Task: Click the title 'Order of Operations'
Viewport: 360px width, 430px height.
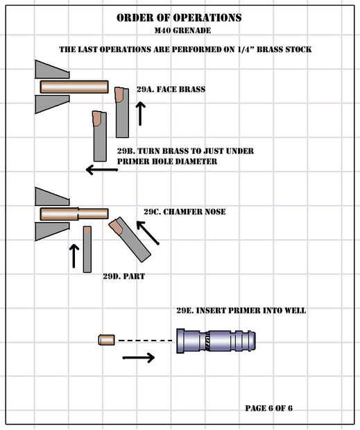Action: [179, 17]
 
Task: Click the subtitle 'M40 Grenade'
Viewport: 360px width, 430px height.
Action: [182, 31]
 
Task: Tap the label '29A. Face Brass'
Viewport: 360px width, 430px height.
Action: [171, 89]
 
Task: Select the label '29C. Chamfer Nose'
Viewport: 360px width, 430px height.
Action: [185, 212]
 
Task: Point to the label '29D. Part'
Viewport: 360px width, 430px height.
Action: [124, 276]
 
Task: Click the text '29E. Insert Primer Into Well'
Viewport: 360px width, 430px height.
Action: [241, 311]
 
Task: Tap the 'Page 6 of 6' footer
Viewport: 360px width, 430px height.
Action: [268, 408]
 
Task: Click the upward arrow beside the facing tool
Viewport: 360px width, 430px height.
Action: [140, 114]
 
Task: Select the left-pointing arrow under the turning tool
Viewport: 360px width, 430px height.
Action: [102, 170]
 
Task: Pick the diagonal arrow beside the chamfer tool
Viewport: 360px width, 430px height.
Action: [148, 233]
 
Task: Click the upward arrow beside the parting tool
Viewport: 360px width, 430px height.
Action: [74, 256]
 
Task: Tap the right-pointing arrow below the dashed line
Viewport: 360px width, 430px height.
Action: [139, 358]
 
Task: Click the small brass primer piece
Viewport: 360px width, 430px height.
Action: [107, 340]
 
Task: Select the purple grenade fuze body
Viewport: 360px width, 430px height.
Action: [216, 341]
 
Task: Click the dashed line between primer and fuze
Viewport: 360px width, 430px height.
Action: [145, 341]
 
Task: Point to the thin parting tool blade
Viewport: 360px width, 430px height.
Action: [87, 249]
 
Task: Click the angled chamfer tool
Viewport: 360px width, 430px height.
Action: [130, 239]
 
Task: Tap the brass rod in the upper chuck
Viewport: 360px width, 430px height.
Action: [74, 87]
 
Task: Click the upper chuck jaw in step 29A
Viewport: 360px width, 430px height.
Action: [52, 69]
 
